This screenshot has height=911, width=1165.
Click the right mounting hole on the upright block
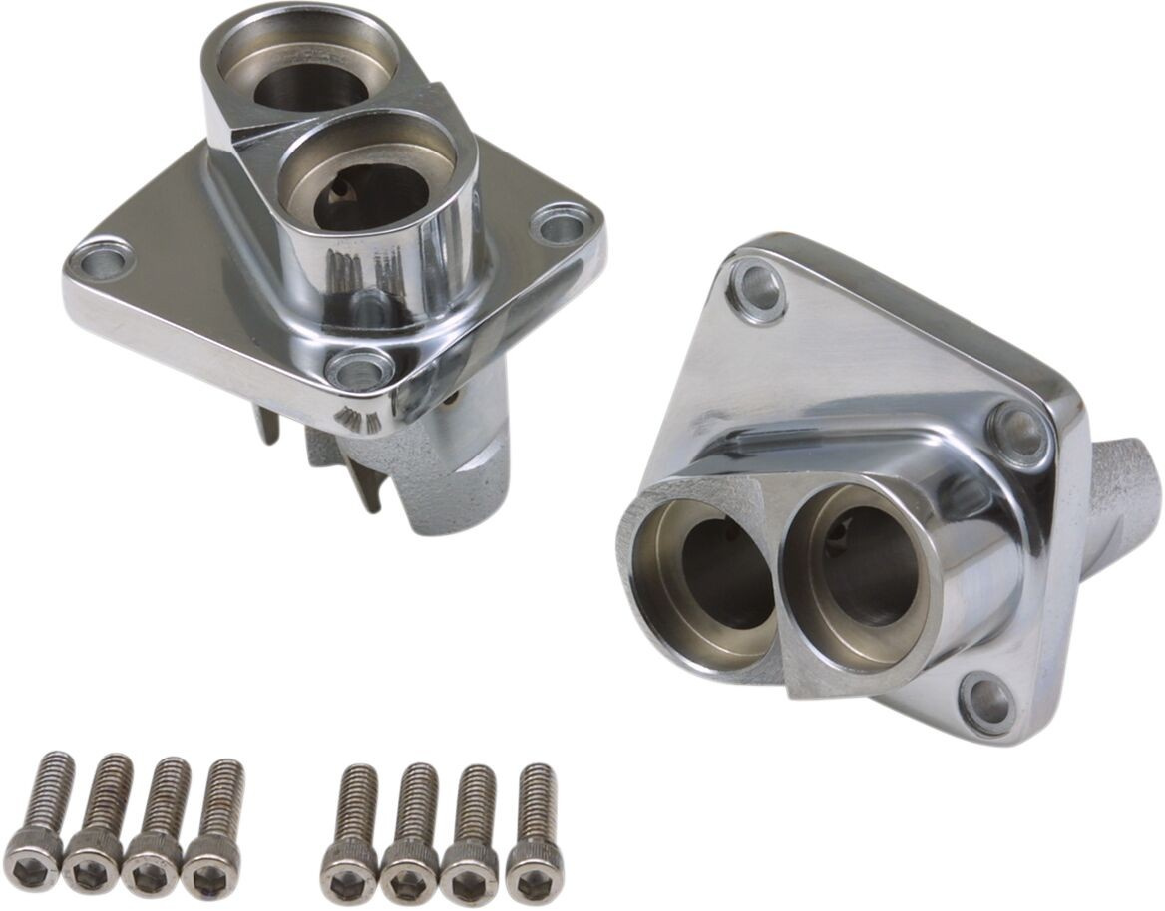[x=561, y=224]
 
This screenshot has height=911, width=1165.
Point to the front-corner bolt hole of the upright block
[x=359, y=370]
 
